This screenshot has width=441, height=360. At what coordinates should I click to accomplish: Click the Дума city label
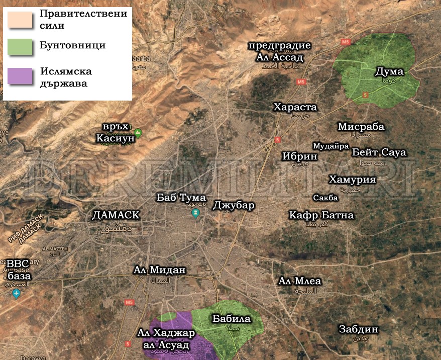(389, 72)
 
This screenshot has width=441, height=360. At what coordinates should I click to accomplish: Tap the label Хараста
(295, 107)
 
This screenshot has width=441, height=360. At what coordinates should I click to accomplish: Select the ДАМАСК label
(116, 215)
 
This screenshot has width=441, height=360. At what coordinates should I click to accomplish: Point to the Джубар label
(234, 205)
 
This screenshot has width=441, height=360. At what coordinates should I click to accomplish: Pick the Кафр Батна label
(321, 215)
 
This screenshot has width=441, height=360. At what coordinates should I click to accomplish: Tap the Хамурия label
(352, 180)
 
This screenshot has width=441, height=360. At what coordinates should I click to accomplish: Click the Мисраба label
(361, 127)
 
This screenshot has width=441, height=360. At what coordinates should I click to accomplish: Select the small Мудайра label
(330, 146)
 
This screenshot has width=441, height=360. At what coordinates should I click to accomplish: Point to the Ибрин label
(300, 156)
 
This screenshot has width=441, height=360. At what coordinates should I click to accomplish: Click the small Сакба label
(325, 198)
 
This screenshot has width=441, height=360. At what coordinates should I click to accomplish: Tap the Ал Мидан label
(160, 270)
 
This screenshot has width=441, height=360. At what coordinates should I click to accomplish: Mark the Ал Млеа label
(300, 281)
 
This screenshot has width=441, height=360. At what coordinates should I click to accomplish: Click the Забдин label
(358, 329)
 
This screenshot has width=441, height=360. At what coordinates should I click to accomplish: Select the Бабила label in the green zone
(231, 319)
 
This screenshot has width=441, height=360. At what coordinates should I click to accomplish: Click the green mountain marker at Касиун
(138, 133)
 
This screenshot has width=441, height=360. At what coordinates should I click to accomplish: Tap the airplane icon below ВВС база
(17, 293)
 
